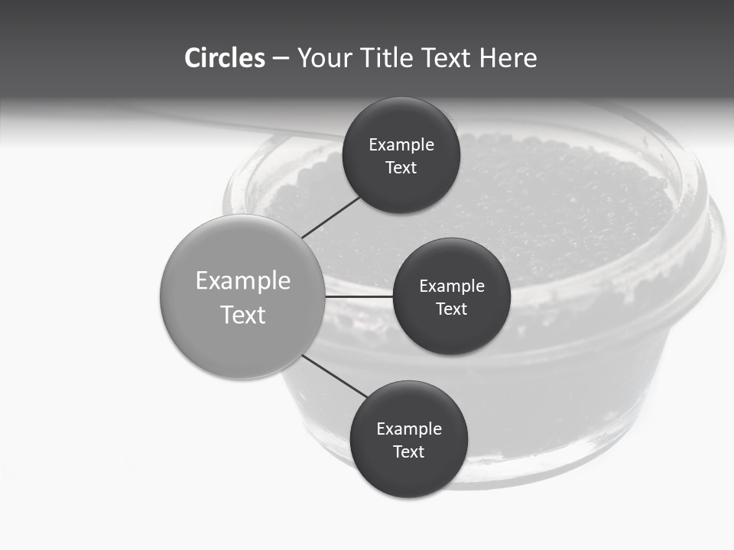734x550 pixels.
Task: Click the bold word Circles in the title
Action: (x=225, y=58)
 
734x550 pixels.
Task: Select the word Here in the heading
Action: (x=508, y=58)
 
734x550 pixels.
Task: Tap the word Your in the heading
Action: (x=324, y=58)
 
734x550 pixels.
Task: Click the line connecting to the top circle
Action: (x=331, y=217)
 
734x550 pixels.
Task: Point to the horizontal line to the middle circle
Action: (x=359, y=296)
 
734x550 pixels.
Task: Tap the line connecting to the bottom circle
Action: (x=335, y=376)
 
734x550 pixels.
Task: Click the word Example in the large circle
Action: (x=243, y=281)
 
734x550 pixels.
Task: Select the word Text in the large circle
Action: (x=243, y=315)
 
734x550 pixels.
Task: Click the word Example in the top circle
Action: (x=401, y=145)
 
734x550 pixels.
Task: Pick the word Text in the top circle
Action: (x=401, y=167)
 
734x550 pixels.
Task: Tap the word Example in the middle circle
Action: (x=452, y=286)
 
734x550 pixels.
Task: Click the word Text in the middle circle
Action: (x=452, y=309)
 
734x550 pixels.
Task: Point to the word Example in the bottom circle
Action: (x=409, y=429)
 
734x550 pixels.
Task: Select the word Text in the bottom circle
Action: (x=409, y=451)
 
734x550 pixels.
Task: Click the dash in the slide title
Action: (x=281, y=59)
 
